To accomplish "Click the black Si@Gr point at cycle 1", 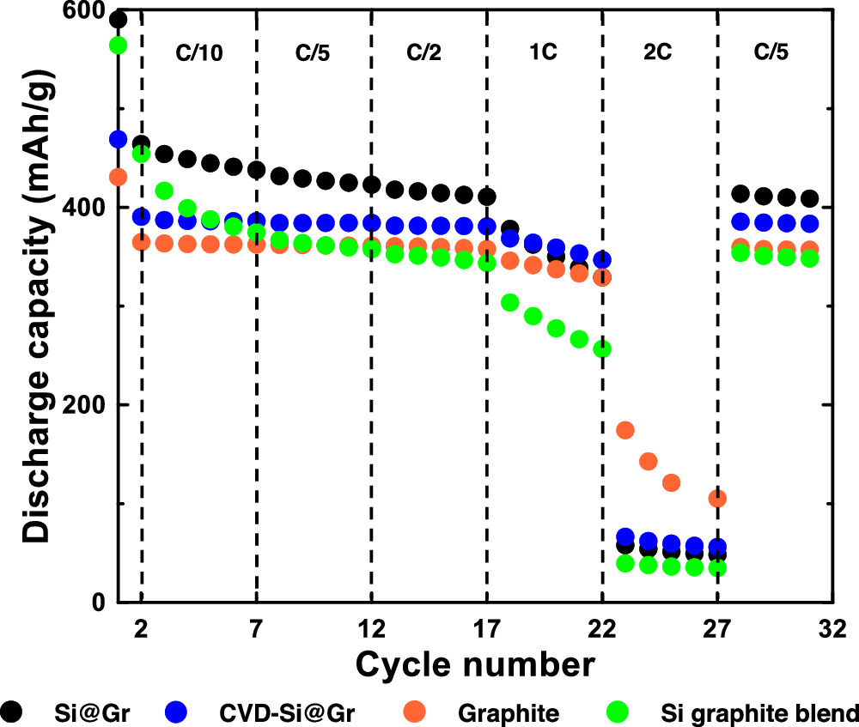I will pyautogui.click(x=119, y=20).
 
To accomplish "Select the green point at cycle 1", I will pyautogui.click(x=119, y=45).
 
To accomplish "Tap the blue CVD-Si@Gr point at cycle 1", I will pyautogui.click(x=119, y=139).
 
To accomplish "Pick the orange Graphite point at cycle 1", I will pyautogui.click(x=119, y=177).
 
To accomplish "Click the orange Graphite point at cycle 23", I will pyautogui.click(x=625, y=429).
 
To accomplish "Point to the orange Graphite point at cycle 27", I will pyautogui.click(x=717, y=499).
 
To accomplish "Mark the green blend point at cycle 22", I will pyautogui.click(x=602, y=348).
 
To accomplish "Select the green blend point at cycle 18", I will pyautogui.click(x=510, y=302).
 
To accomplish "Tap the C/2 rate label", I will pyautogui.click(x=425, y=51).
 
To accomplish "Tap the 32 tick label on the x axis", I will pyautogui.click(x=832, y=631).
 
